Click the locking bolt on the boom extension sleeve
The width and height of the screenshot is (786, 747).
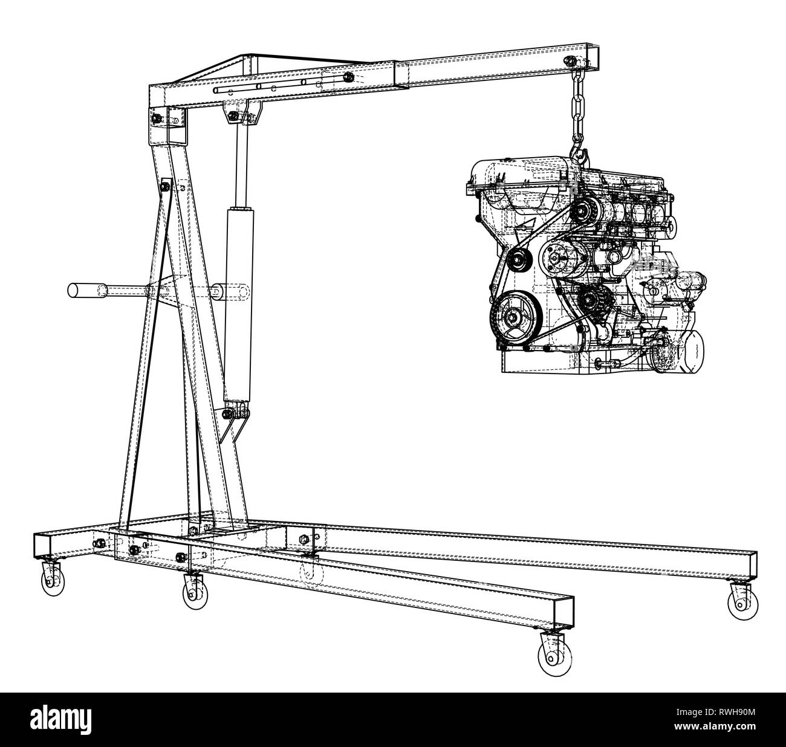click(x=349, y=77)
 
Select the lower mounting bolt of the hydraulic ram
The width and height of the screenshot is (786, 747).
click(x=229, y=415)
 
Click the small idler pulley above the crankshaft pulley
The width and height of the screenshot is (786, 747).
click(x=517, y=260)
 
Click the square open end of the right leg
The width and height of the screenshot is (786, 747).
click(x=752, y=566)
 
